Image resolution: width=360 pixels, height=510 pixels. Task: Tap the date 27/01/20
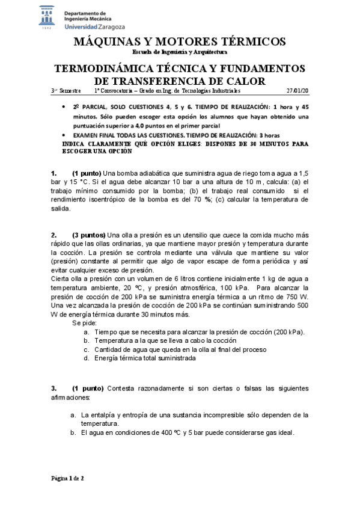click(297, 90)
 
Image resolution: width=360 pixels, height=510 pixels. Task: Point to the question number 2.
click(54, 235)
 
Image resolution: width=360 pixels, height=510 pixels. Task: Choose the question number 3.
click(54, 387)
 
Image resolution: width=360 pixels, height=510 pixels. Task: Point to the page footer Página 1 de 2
click(68, 478)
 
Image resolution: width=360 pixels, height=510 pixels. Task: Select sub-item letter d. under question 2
click(87, 358)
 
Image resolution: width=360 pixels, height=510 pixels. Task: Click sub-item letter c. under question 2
click(87, 349)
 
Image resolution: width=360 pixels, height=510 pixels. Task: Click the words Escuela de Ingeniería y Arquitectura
click(178, 52)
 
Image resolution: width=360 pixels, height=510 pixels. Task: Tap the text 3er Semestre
click(66, 90)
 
